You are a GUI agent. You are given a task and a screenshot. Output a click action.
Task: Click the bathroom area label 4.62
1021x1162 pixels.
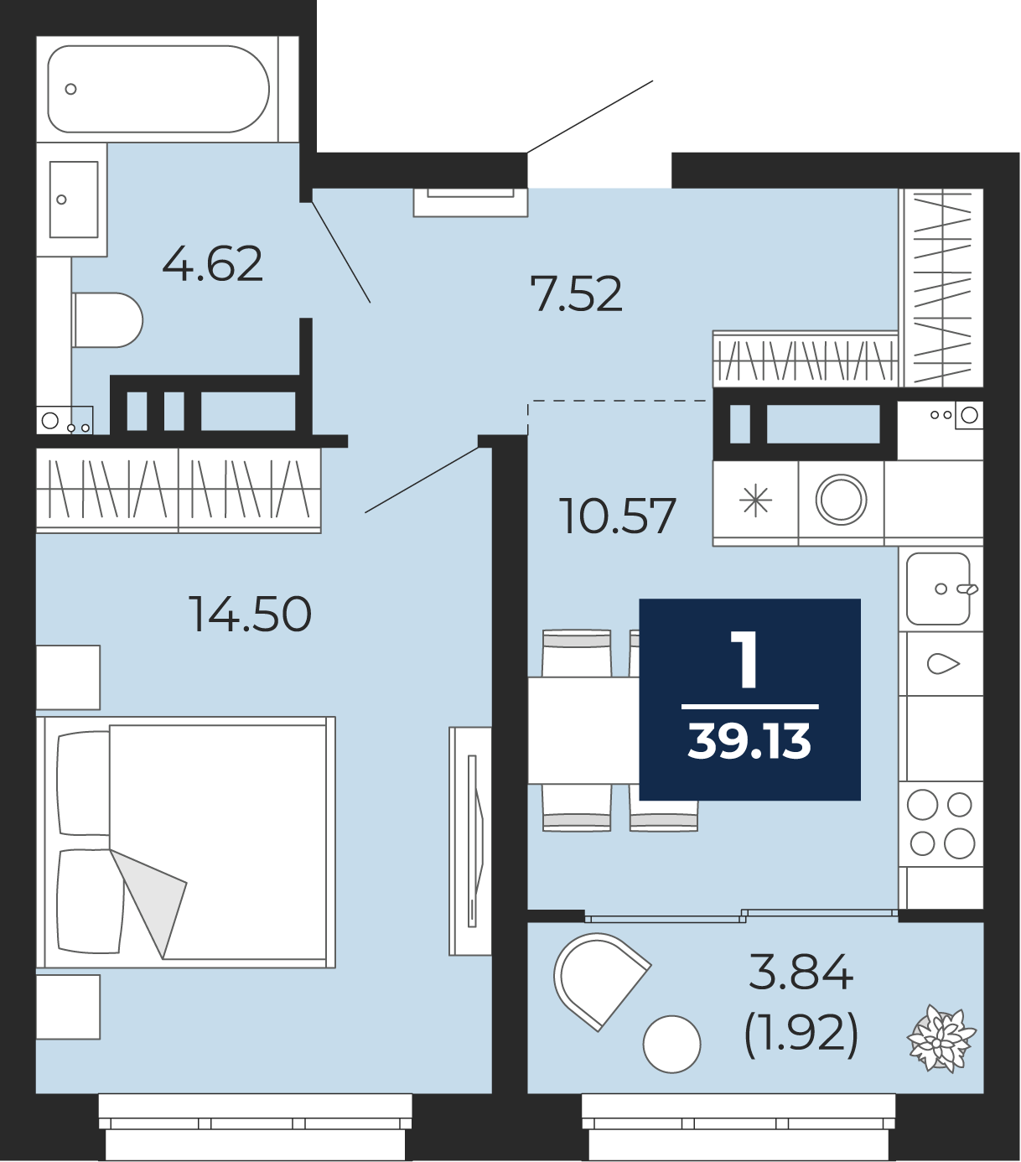(212, 264)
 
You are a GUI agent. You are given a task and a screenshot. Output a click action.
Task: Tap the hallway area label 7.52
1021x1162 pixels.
(576, 293)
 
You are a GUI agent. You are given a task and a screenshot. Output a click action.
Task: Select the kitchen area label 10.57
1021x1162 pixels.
(618, 516)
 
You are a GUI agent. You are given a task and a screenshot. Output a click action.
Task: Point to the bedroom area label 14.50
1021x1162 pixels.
(250, 615)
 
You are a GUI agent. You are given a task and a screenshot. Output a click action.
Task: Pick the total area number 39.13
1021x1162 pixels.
(749, 741)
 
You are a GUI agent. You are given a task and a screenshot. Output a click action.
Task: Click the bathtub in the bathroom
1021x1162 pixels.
(158, 89)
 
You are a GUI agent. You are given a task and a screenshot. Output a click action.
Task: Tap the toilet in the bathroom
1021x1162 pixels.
(107, 320)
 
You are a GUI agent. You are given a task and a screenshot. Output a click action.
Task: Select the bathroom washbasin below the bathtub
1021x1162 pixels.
(74, 200)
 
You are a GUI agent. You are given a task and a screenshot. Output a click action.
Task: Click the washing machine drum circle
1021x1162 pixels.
(841, 500)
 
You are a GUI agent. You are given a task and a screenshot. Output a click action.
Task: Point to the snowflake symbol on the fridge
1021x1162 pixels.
(755, 501)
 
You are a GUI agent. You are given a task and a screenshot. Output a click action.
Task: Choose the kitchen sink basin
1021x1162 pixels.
(938, 589)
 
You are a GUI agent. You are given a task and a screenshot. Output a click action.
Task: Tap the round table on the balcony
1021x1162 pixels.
(671, 1044)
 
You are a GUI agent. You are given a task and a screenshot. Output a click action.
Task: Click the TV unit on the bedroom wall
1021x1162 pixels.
(470, 842)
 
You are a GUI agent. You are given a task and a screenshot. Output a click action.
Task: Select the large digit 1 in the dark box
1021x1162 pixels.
(748, 660)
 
